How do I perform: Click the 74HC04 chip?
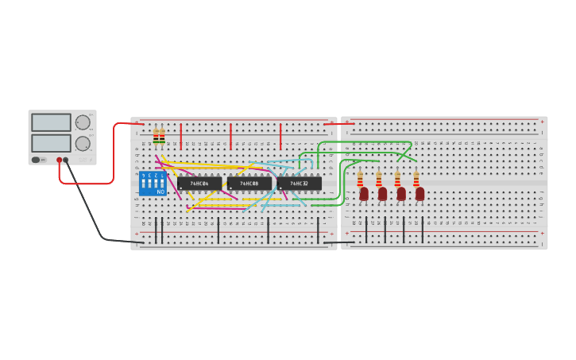point(199,184)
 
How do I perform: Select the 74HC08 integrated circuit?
point(249,184)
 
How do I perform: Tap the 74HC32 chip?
point(300,184)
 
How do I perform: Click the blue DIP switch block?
point(153,183)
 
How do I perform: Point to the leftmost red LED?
point(364,193)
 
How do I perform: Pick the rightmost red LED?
point(419,193)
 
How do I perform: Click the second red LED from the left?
point(382,193)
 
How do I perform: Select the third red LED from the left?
point(401,193)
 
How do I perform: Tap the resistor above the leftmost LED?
point(360,178)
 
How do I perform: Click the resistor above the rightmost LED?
point(416,178)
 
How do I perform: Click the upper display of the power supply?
point(51,122)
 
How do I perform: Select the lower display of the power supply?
point(51,143)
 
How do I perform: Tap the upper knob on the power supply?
point(83,122)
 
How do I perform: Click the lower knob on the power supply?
point(83,144)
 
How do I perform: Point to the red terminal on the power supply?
point(59,160)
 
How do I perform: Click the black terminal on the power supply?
point(66,160)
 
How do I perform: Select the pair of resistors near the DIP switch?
point(159,137)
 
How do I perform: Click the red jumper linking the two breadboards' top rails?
point(339,124)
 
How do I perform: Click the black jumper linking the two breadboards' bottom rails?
point(339,242)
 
